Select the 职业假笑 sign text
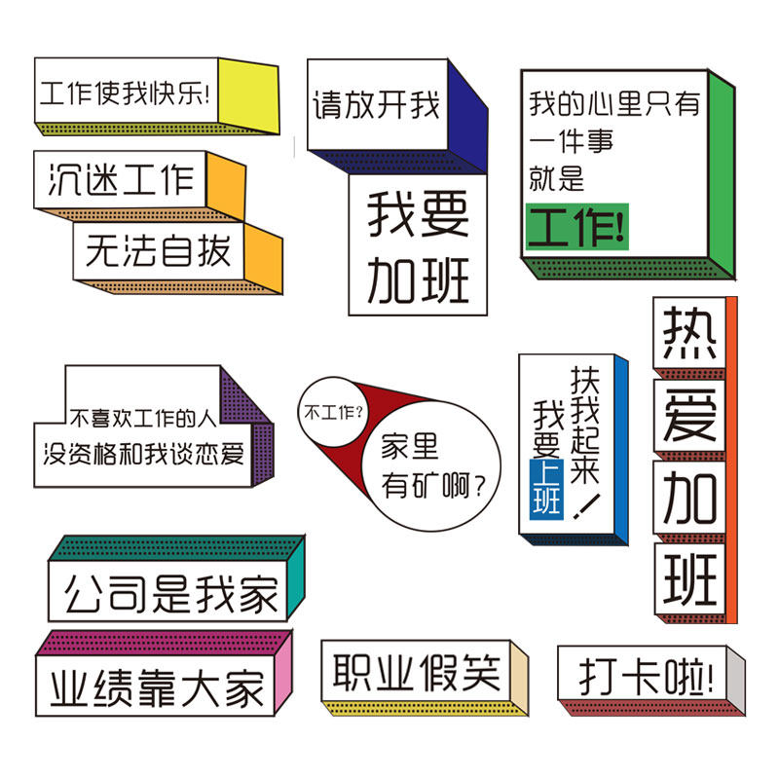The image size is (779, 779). pos(416,673)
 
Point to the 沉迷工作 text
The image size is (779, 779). pos(121,179)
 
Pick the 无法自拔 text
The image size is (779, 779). pos(158,250)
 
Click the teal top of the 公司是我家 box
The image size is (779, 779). pos(175,548)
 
